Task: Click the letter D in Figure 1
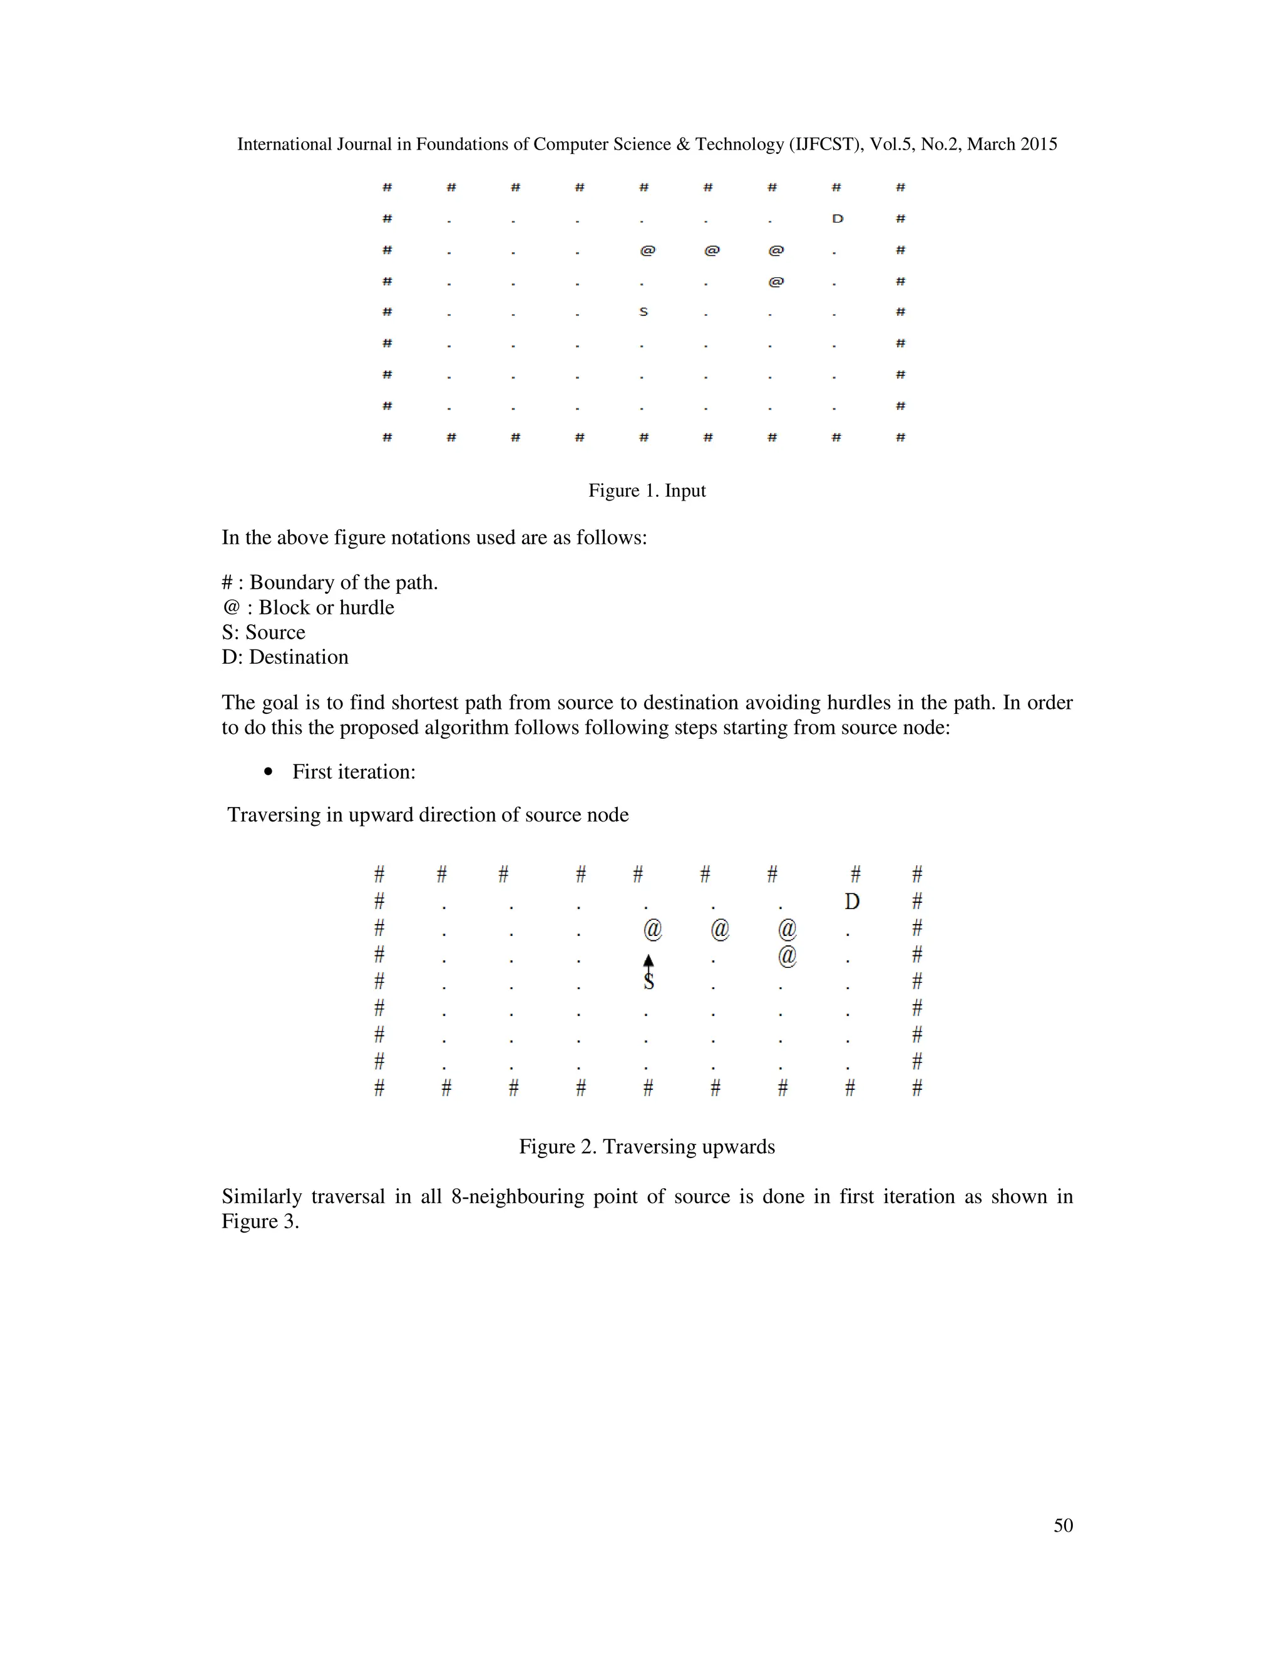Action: tap(837, 218)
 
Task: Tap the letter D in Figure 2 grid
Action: tap(852, 901)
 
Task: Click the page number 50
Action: tap(1062, 1525)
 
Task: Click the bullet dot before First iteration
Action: tap(267, 772)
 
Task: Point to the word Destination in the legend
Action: tap(299, 657)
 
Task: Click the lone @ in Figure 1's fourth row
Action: tap(776, 282)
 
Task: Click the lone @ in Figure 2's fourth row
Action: tap(787, 955)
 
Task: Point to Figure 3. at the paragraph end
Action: tap(260, 1221)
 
